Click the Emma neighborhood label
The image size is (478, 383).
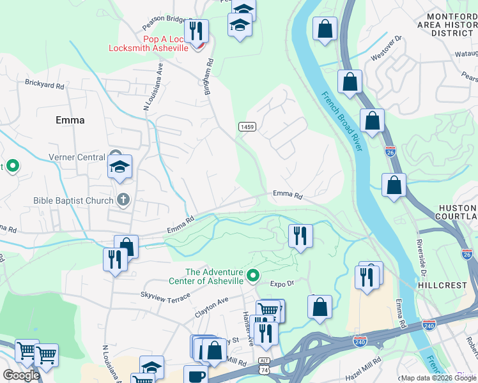pos(70,120)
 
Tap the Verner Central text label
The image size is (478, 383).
pos(77,158)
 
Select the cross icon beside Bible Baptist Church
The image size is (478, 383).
pos(123,200)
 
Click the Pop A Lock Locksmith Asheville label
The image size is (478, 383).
pos(148,43)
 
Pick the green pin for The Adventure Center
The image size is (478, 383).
pos(253,276)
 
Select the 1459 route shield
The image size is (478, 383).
pos(248,127)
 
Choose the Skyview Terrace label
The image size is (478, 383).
pos(166,297)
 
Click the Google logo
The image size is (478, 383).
pos(20,375)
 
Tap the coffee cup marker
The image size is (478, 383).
pos(196,375)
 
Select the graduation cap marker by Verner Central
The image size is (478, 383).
pos(119,167)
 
